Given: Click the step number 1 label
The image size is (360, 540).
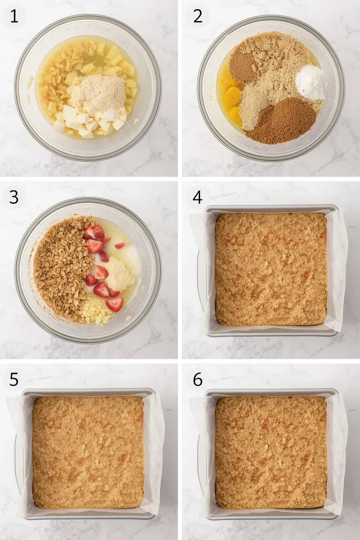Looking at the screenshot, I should coord(14,17).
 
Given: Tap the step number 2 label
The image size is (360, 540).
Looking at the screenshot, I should coord(198,17).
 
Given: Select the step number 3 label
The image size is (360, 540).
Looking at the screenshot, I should coord(14,197).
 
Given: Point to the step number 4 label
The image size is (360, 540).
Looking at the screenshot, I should coord(198,197).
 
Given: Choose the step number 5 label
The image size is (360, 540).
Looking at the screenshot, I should coord(14,379).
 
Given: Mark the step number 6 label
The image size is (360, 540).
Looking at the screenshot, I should coord(198,379).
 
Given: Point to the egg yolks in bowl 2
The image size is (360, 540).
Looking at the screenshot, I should coord(230,95).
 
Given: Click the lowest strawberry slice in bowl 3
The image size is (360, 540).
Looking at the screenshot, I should coord(114,305).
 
